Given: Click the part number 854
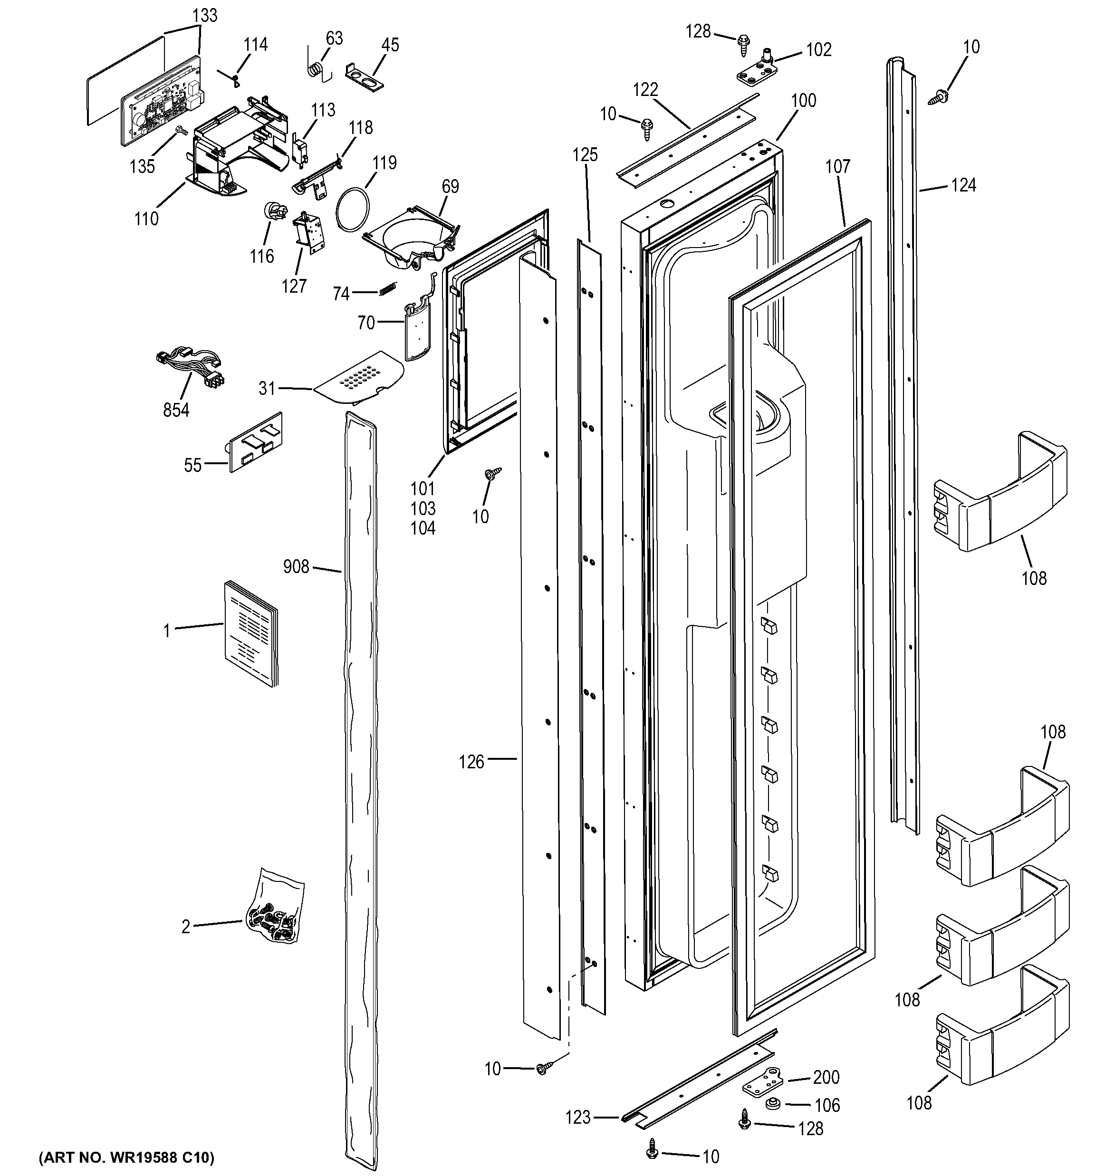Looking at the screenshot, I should [176, 410].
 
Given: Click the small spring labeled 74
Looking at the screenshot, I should [386, 289].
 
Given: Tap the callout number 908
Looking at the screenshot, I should [296, 567].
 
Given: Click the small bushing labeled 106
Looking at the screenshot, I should [771, 1104].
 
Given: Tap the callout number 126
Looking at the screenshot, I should [471, 762].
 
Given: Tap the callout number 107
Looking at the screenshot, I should [837, 166].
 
